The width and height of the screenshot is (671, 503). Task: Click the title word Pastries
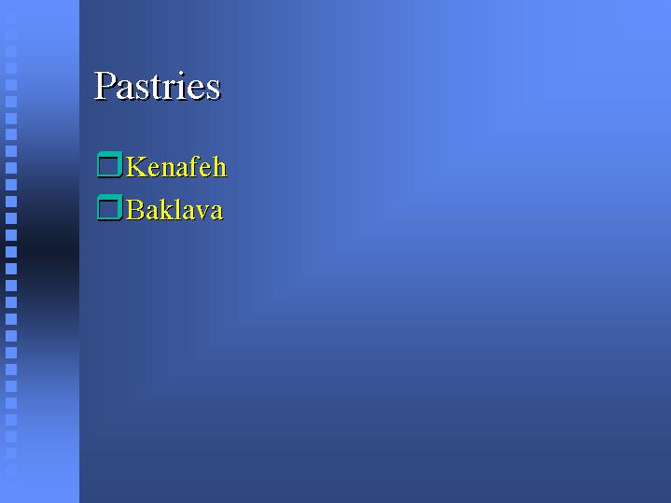point(157,86)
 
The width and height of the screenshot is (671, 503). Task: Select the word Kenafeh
point(175,166)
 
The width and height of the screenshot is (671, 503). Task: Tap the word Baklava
point(175,209)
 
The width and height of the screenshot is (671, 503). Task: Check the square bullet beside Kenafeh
point(110,164)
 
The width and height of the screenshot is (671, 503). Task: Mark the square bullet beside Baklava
point(110,207)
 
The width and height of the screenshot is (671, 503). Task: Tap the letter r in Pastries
point(171,91)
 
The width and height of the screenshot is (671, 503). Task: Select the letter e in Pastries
point(197,91)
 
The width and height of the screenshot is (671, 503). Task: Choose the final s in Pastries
point(214,91)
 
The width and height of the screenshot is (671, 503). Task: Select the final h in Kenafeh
point(219,166)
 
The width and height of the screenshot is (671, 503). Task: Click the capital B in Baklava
point(135,209)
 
